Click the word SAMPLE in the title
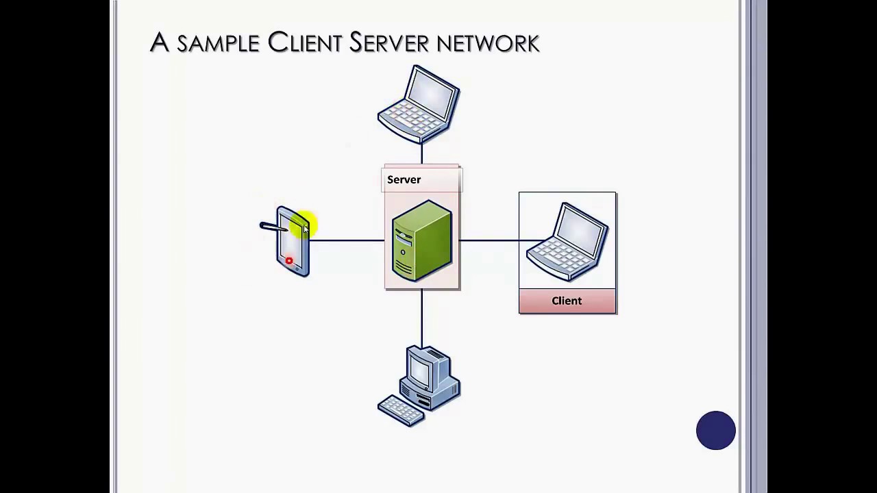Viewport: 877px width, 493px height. point(218,44)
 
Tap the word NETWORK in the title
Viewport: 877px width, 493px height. point(488,44)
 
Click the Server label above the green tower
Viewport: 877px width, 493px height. point(404,179)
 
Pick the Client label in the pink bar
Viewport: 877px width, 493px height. point(567,301)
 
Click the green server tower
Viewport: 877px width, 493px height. point(421,240)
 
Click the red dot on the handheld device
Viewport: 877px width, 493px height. point(289,261)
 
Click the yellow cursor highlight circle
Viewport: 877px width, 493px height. point(304,225)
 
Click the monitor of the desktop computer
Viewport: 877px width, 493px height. point(421,370)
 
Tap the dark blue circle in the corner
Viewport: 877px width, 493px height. point(716,431)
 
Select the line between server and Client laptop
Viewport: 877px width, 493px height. point(489,240)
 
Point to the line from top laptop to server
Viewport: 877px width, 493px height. point(421,153)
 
